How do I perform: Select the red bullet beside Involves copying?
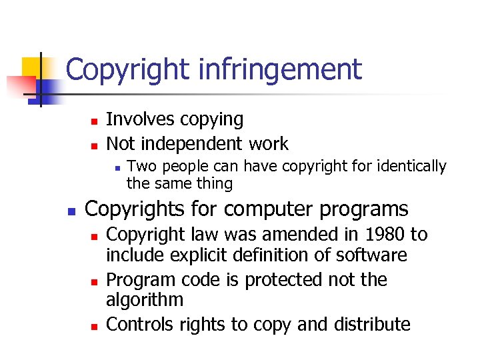tap(95, 121)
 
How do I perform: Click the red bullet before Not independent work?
tap(95, 145)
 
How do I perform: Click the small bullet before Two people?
tap(116, 167)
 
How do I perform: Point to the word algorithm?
tap(145, 299)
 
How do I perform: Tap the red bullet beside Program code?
tap(95, 281)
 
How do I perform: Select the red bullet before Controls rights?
tap(95, 326)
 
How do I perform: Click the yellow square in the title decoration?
tap(31, 68)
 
